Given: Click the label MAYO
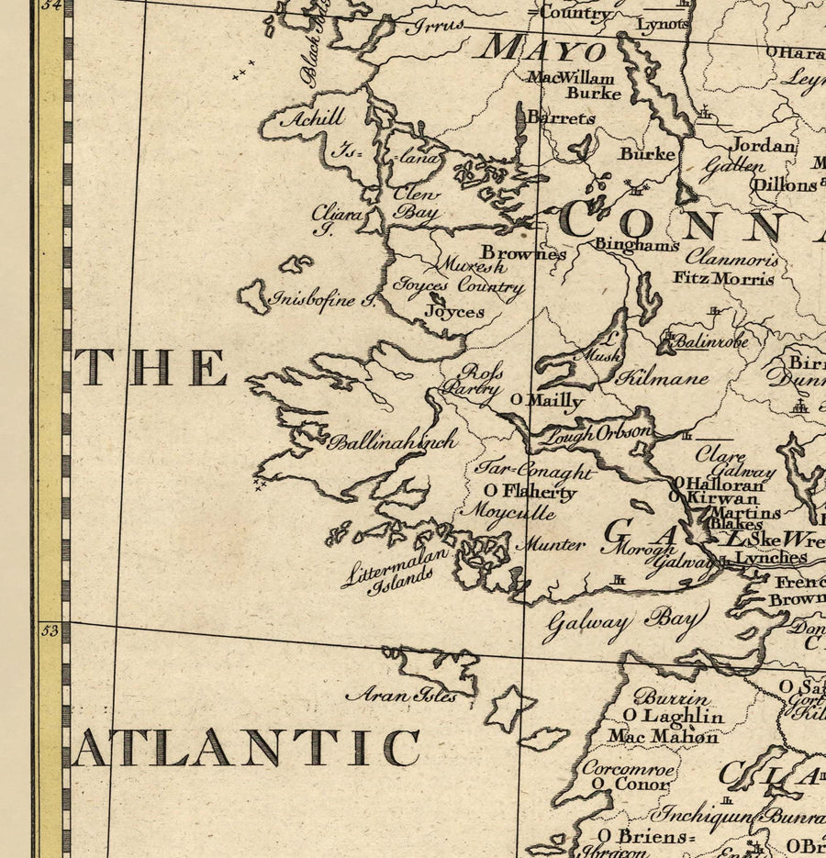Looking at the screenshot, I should [546, 48].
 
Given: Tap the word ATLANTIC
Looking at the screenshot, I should [246, 748].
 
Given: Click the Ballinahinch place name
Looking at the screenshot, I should [393, 441].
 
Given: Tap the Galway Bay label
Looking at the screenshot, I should [624, 623].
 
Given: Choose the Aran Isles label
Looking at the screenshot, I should [401, 696].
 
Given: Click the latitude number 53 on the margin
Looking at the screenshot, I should [50, 630].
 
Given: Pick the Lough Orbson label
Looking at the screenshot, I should [595, 434].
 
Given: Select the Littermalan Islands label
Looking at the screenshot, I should [397, 570].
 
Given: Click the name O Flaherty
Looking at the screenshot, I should [530, 492].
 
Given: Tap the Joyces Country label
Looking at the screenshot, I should [458, 286].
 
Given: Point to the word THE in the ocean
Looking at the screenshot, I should [151, 367].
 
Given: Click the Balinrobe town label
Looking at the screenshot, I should [711, 341].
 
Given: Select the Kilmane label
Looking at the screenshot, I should [662, 377].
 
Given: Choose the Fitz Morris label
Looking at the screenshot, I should [724, 277].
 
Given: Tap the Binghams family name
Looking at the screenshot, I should [636, 244].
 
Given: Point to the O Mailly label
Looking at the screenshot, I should [547, 400].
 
